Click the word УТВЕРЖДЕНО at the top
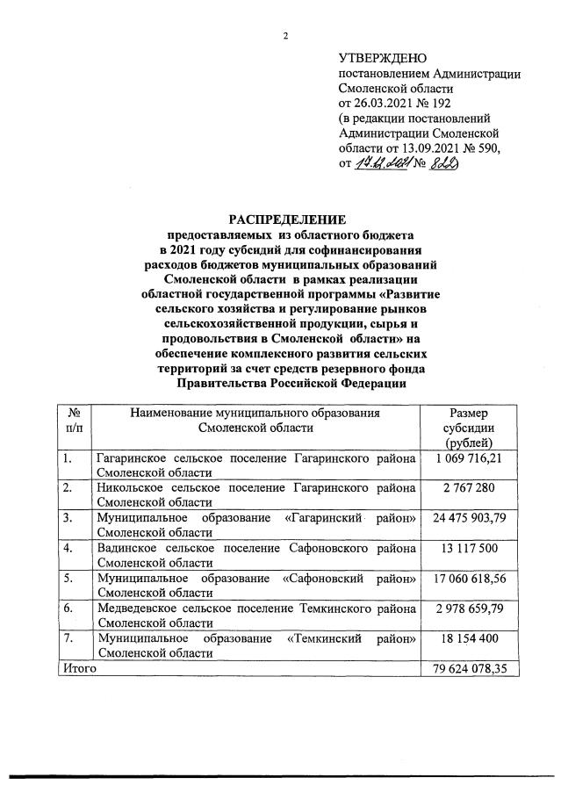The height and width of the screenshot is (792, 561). click(376, 58)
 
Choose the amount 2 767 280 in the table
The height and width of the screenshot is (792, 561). click(470, 488)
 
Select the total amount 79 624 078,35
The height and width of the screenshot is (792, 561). click(470, 669)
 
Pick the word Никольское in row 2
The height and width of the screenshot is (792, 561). click(128, 488)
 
